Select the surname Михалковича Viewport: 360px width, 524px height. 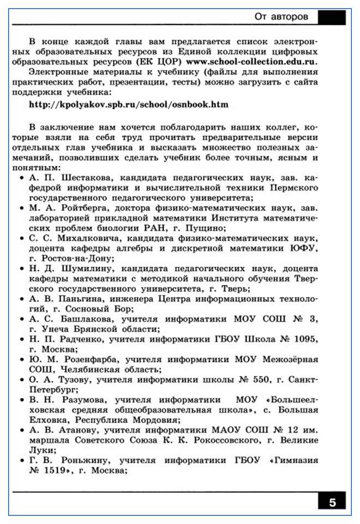click(x=88, y=239)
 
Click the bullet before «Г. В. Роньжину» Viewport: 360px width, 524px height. click(x=21, y=461)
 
